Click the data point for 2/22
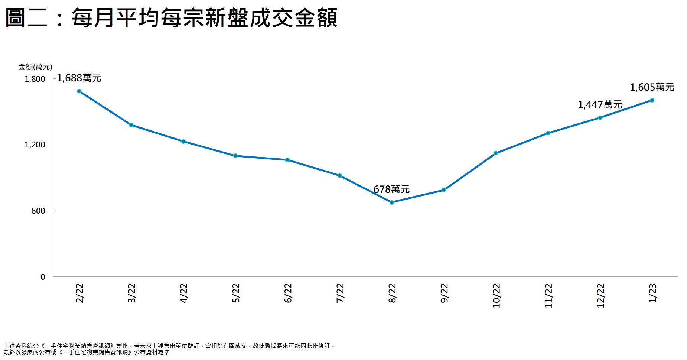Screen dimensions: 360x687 click(x=79, y=91)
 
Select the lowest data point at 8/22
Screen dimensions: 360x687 click(x=392, y=202)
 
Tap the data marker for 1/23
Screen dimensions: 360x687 click(x=652, y=100)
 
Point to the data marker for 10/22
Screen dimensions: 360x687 click(x=496, y=153)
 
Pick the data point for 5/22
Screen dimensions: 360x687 click(x=235, y=156)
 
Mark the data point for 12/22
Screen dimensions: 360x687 click(x=600, y=118)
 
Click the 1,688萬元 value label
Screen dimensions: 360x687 click(x=79, y=78)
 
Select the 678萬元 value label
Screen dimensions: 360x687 click(x=391, y=189)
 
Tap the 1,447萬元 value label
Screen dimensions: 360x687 click(x=600, y=105)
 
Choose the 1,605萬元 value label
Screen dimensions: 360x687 click(x=652, y=87)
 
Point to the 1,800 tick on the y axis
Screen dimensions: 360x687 click(x=35, y=79)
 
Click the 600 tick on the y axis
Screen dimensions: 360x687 click(x=38, y=211)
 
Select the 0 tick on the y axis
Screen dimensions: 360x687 click(x=43, y=277)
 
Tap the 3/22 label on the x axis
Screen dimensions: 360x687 click(x=132, y=293)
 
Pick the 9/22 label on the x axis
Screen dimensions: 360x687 click(x=445, y=293)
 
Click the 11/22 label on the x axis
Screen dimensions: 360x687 click(x=548, y=295)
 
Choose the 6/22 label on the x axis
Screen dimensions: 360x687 click(x=288, y=293)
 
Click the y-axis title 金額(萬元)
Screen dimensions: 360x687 click(x=36, y=67)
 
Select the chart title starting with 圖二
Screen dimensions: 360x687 click(x=171, y=18)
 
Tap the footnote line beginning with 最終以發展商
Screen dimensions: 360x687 click(x=86, y=352)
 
